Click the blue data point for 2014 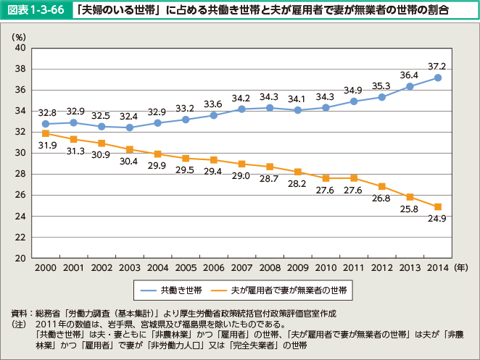pos(438,78)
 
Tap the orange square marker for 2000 pos(45,133)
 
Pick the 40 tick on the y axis pos(20,48)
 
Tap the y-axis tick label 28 pos(20,174)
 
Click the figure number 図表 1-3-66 pos(35,10)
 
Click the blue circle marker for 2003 pos(129,127)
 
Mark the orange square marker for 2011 pos(354,178)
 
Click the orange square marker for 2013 pos(410,197)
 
